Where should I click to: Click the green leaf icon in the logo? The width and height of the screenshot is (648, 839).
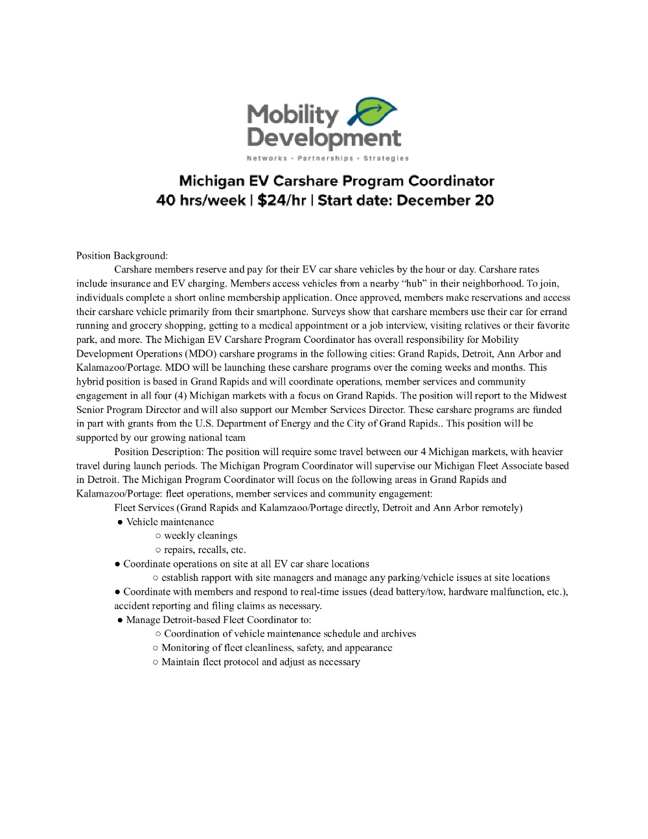click(x=374, y=112)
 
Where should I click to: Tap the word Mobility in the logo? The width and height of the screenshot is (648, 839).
click(x=292, y=115)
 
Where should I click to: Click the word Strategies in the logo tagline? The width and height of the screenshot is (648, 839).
click(x=386, y=158)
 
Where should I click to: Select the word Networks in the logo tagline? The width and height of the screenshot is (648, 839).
click(x=266, y=158)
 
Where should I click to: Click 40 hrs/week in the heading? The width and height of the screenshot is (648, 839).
click(x=200, y=200)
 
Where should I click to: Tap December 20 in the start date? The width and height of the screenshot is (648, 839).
click(x=445, y=200)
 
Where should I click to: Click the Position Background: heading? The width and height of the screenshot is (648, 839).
click(x=122, y=255)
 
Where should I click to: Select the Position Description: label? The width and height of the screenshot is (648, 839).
click(x=159, y=451)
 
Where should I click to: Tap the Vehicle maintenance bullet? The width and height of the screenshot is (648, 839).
click(x=170, y=522)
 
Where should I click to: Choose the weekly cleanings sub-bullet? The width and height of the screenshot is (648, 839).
click(x=200, y=536)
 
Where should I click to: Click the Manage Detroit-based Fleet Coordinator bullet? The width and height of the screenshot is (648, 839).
click(x=218, y=620)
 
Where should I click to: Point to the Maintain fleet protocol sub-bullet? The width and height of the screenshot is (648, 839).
click(x=260, y=662)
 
